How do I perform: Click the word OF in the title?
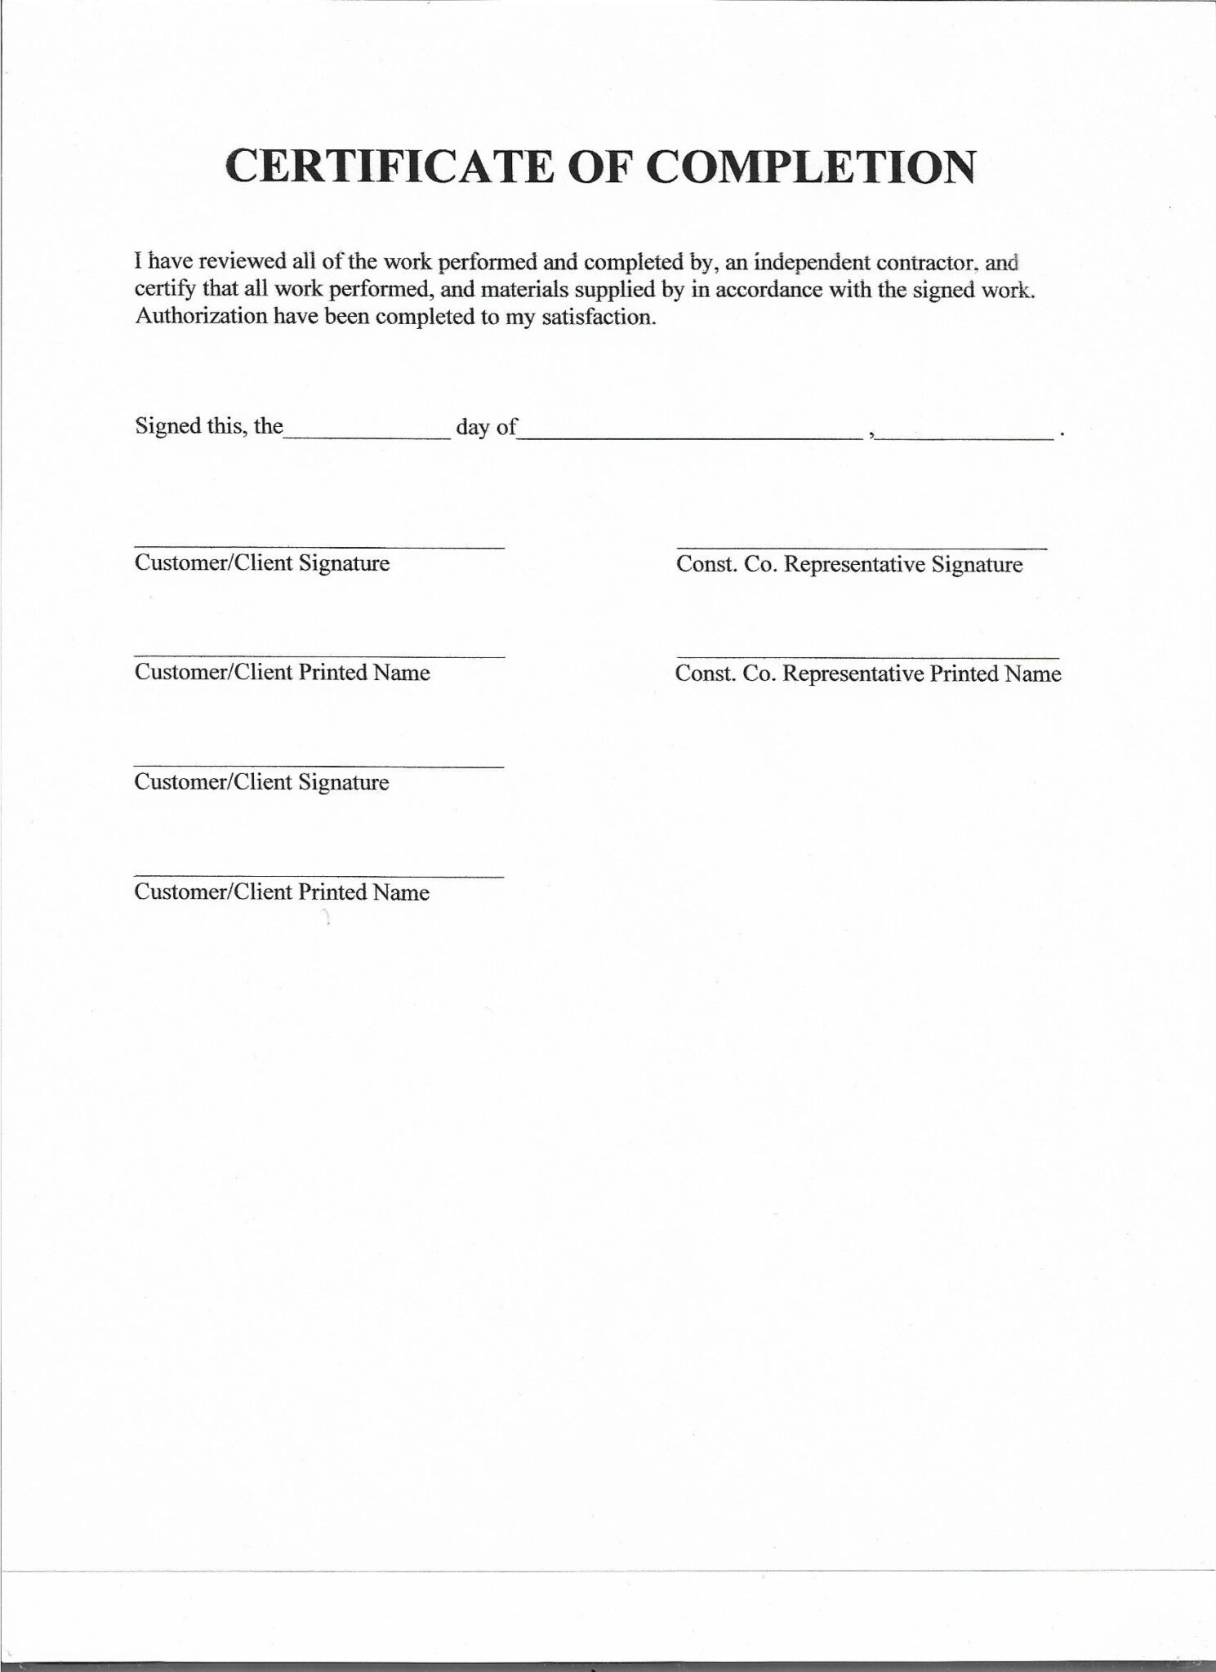tap(595, 167)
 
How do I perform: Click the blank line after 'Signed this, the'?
tap(367, 436)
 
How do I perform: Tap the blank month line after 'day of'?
tap(690, 436)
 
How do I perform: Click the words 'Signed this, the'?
tap(209, 426)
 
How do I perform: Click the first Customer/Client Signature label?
tap(262, 563)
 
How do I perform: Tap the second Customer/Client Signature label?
tap(261, 782)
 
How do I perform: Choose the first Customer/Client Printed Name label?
tap(283, 672)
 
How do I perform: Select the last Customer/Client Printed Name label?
tap(282, 892)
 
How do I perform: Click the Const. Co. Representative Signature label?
tap(849, 565)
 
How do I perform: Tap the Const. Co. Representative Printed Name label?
tap(868, 674)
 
